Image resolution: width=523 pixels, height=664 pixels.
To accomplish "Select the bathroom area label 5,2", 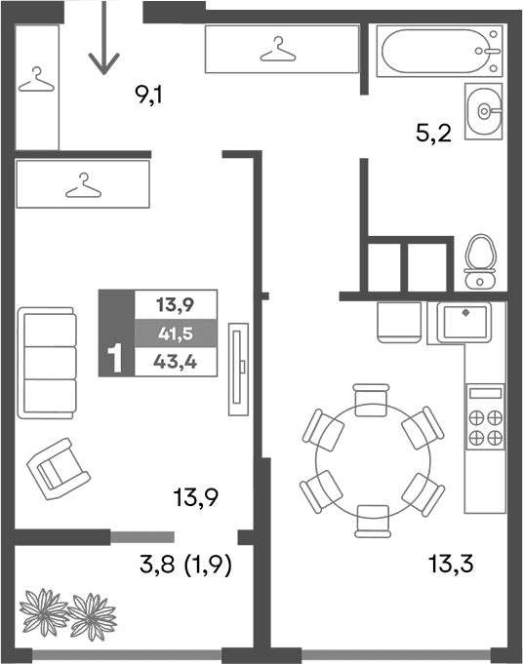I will tap(433, 135).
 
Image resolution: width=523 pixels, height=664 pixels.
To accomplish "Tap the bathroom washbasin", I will tap(482, 111).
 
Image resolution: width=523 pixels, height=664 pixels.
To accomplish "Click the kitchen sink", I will tap(464, 322).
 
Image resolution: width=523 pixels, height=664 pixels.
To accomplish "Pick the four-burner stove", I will tap(486, 417).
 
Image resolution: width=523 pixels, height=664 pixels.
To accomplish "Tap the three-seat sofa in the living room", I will tap(48, 363).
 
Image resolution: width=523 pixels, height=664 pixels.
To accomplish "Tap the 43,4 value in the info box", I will tap(175, 363).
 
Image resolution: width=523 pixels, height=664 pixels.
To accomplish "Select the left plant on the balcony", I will tap(44, 612).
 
